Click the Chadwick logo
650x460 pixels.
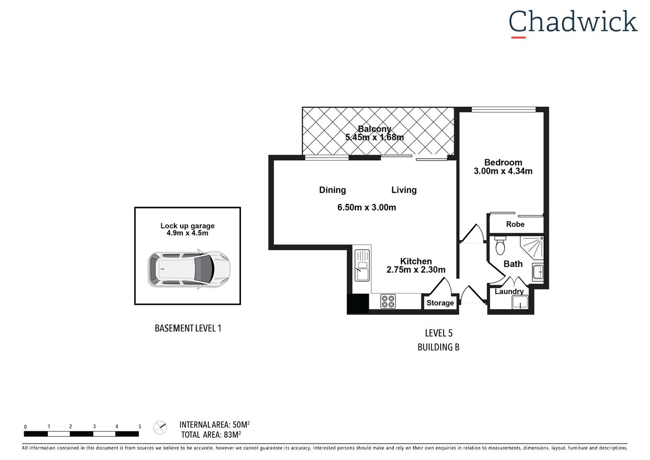pyautogui.click(x=572, y=23)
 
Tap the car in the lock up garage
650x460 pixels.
pyautogui.click(x=189, y=269)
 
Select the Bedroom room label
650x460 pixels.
pyautogui.click(x=503, y=162)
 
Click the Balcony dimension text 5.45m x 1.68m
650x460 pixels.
pyautogui.click(x=375, y=138)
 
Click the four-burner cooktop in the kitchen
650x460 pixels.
pyautogui.click(x=388, y=301)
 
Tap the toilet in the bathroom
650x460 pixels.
pyautogui.click(x=500, y=246)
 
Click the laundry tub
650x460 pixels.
pyautogui.click(x=519, y=302)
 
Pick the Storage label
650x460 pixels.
pyautogui.click(x=440, y=303)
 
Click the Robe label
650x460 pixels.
pyautogui.click(x=515, y=224)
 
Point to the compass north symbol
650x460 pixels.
pyautogui.click(x=160, y=427)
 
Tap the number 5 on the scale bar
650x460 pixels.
pyautogui.click(x=140, y=426)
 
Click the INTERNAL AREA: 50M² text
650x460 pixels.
pyautogui.click(x=215, y=425)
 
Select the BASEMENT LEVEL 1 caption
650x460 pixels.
pyautogui.click(x=188, y=328)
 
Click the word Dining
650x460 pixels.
pyautogui.click(x=332, y=190)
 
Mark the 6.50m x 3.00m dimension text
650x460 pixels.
pyautogui.click(x=366, y=207)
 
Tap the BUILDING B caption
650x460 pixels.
pyautogui.click(x=438, y=347)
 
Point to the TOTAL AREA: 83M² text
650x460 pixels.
pyautogui.click(x=211, y=435)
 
